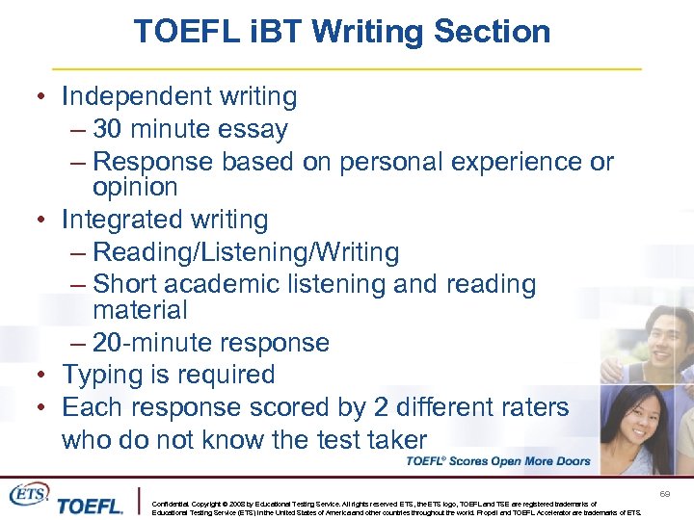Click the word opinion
[x=135, y=187]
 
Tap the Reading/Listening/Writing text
[x=246, y=252]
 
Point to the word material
[x=140, y=310]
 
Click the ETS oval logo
[x=29, y=494]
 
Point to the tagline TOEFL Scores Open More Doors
[x=497, y=461]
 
